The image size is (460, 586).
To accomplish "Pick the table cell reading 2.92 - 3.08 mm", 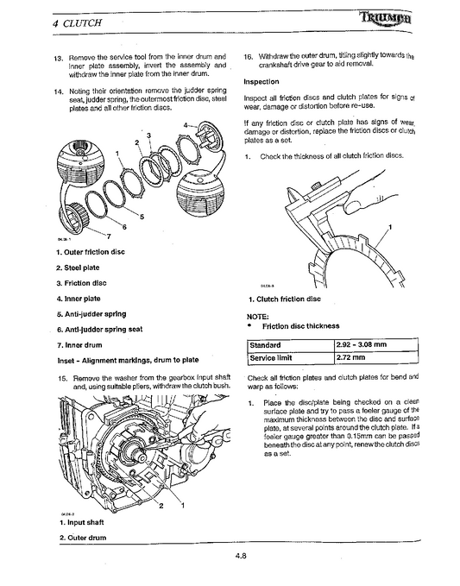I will pyautogui.click(x=364, y=344).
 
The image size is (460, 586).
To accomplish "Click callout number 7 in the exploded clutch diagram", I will pyautogui.click(x=110, y=235).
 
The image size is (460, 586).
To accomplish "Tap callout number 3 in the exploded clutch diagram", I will pyautogui.click(x=149, y=135).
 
